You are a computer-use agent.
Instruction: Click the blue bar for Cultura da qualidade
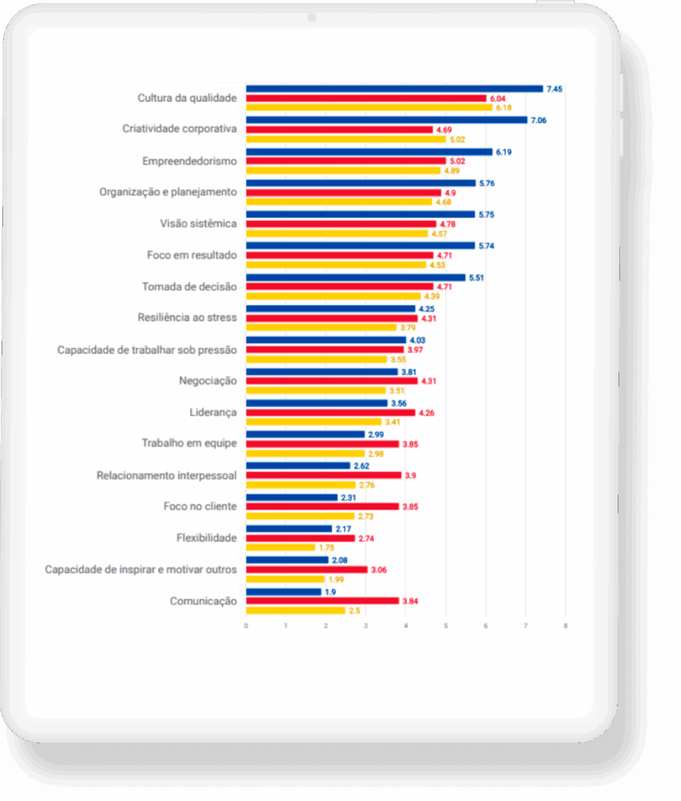(394, 89)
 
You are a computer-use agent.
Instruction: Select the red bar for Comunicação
(322, 601)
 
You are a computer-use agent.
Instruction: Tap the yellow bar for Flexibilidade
(281, 548)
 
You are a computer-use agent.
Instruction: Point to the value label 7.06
(539, 120)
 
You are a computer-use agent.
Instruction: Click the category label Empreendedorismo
(189, 161)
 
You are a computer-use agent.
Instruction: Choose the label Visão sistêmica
(198, 224)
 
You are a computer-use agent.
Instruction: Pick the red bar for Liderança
(331, 412)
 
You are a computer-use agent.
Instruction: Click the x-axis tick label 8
(565, 625)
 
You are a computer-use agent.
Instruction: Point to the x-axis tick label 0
(246, 625)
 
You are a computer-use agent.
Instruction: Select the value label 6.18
(504, 108)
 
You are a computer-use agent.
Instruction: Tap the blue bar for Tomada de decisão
(356, 277)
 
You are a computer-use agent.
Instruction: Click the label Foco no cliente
(200, 507)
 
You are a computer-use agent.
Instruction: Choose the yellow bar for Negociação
(316, 390)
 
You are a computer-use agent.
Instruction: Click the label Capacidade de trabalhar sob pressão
(147, 350)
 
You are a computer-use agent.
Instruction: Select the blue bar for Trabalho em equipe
(306, 434)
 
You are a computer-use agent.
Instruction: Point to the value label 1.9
(331, 591)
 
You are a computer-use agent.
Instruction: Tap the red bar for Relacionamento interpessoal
(324, 475)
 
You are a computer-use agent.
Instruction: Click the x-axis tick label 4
(406, 625)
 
